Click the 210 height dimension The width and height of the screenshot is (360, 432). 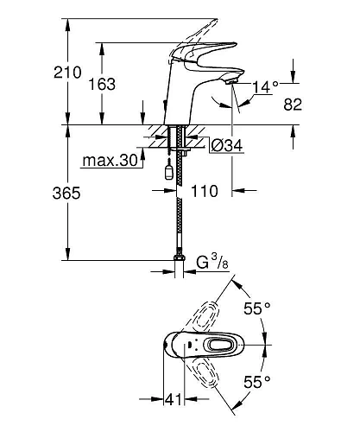point(67,72)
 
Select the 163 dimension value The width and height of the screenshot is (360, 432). point(102,84)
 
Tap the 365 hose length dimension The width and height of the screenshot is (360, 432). point(66,193)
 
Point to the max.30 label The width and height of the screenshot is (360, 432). point(111,161)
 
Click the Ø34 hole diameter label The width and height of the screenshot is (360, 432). point(226,145)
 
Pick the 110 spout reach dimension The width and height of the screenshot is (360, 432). point(205,191)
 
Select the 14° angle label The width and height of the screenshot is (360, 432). point(265,86)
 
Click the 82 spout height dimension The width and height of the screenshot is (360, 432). point(293,105)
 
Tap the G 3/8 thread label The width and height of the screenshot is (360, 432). point(212,262)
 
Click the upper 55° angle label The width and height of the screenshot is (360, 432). point(257,308)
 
